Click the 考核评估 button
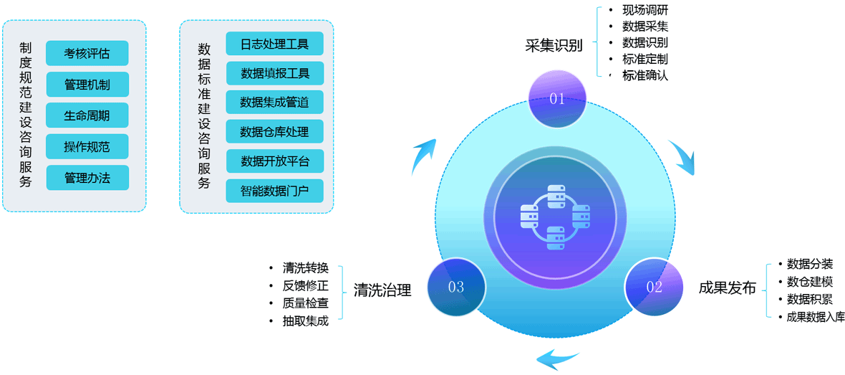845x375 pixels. (87, 53)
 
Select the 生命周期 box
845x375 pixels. (87, 115)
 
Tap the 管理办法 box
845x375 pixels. (87, 178)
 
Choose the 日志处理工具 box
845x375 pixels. (274, 44)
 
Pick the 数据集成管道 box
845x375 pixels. (274, 103)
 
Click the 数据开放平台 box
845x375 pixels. (274, 161)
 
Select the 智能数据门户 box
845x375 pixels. (274, 191)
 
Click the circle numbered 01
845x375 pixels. (557, 99)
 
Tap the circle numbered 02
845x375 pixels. (655, 288)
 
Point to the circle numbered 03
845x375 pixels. (456, 288)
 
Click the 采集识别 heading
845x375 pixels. (554, 46)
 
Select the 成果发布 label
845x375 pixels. (728, 288)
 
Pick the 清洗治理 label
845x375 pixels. (382, 290)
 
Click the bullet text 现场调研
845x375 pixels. (645, 10)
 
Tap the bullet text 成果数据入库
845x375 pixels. (816, 317)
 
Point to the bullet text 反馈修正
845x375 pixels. (306, 285)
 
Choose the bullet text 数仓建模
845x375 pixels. (810, 282)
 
